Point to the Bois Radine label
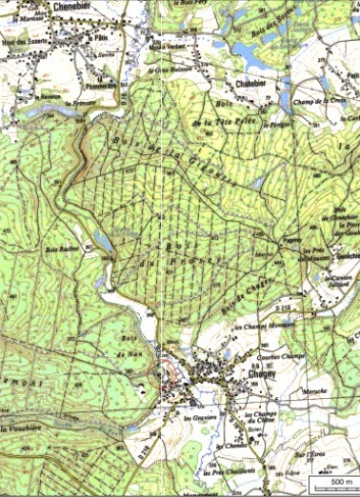[60, 249]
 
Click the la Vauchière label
[22, 429]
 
